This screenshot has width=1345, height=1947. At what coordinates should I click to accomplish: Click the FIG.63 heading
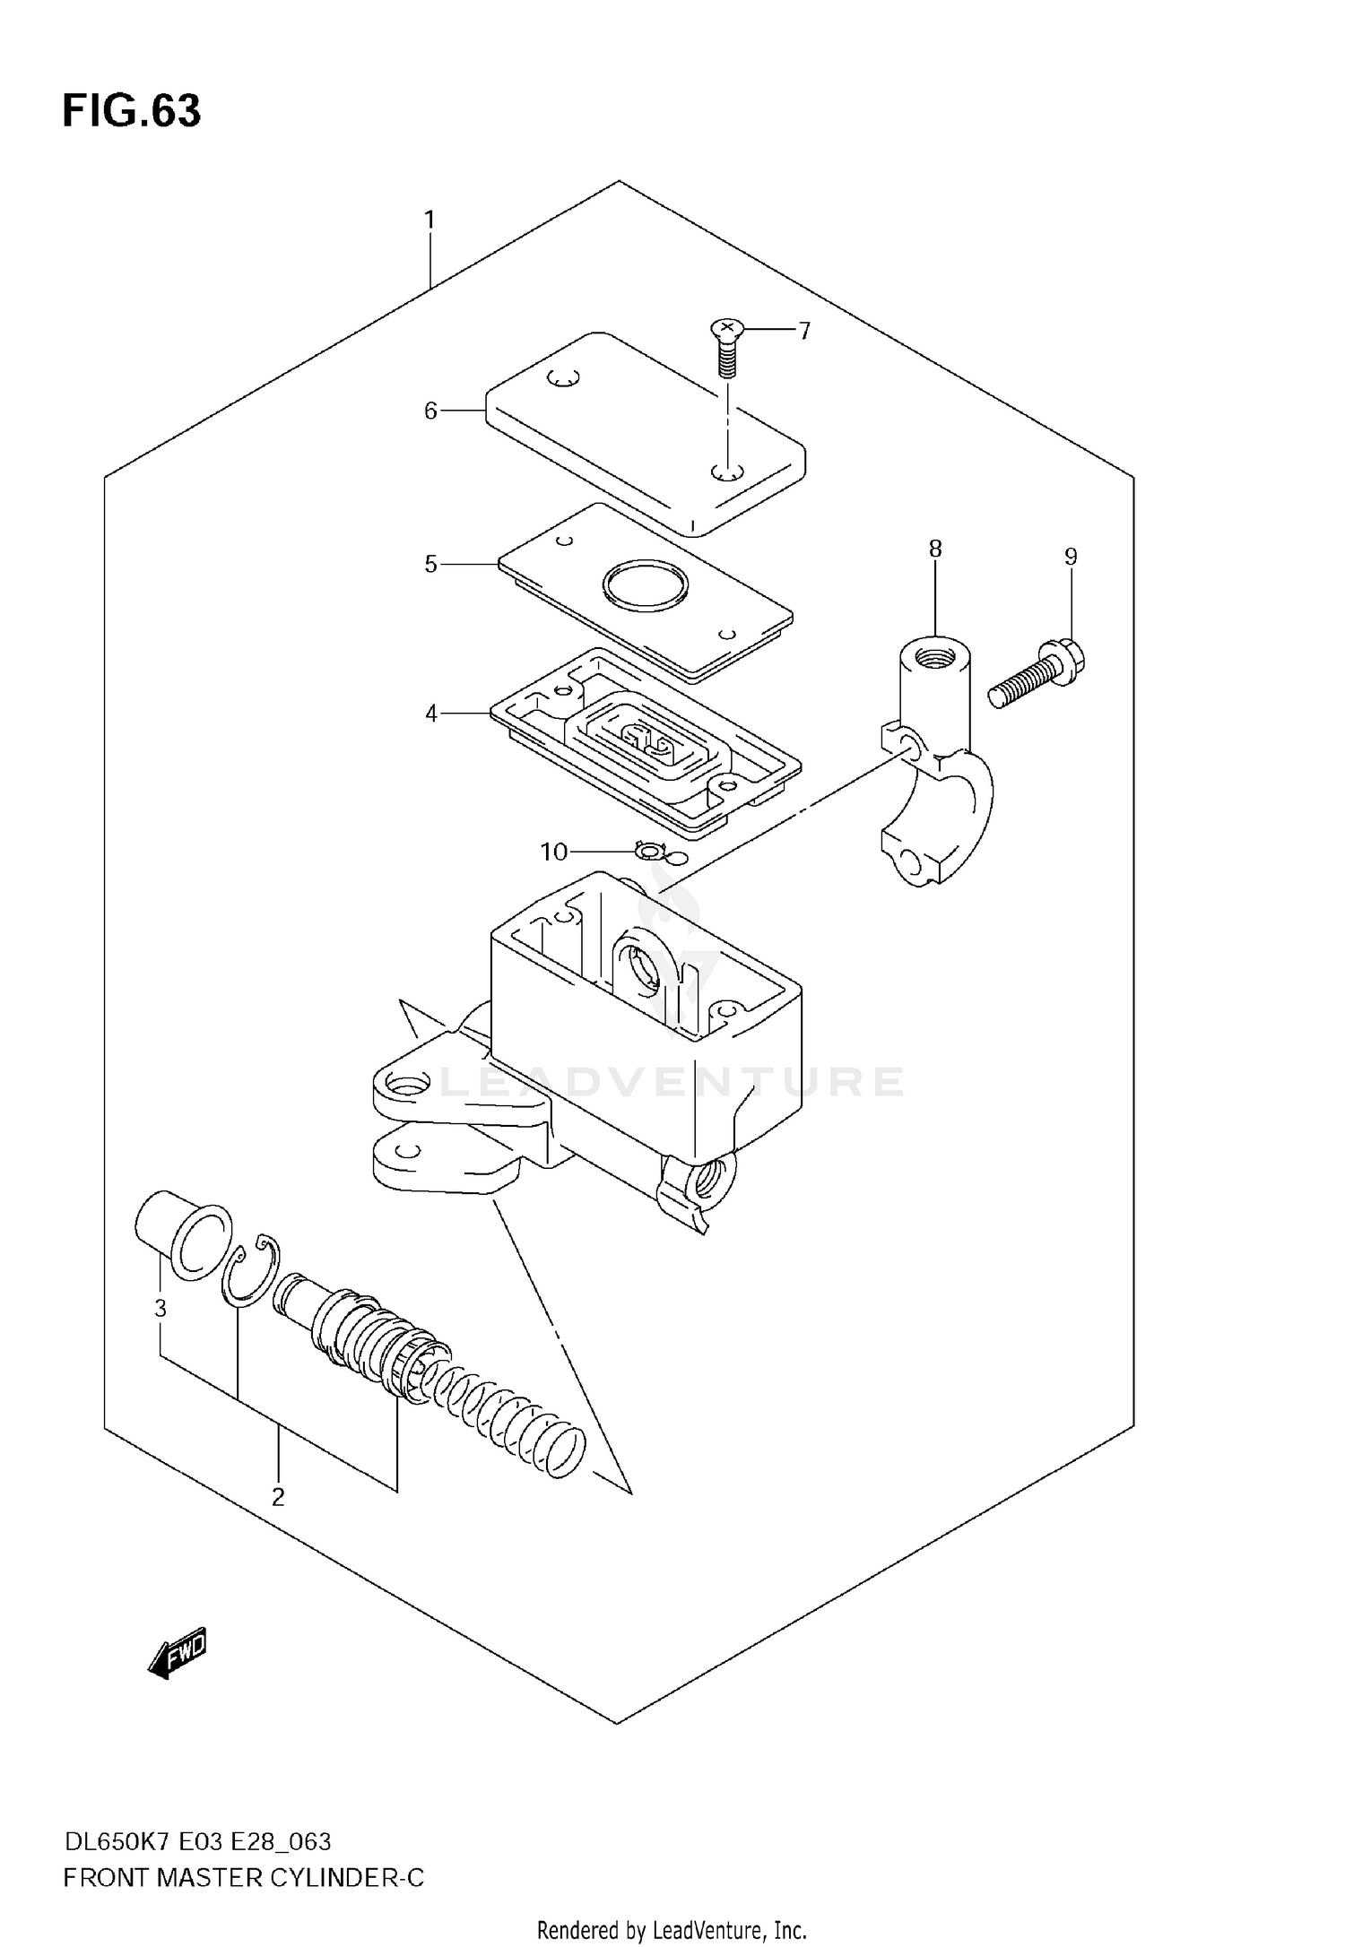(132, 111)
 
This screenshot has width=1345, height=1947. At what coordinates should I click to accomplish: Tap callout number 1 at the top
(430, 219)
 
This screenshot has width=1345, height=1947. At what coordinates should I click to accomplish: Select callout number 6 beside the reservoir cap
(430, 411)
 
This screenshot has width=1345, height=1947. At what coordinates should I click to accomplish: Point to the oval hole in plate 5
(645, 588)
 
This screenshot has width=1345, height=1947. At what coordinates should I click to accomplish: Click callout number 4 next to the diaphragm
(431, 714)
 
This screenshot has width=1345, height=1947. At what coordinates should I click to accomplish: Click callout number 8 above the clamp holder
(935, 549)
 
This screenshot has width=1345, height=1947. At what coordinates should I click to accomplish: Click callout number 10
(554, 852)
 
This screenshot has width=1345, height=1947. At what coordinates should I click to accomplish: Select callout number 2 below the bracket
(278, 1496)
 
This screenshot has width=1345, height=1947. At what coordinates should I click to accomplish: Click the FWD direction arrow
(178, 1651)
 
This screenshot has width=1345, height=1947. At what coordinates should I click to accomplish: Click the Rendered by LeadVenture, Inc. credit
(672, 1930)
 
